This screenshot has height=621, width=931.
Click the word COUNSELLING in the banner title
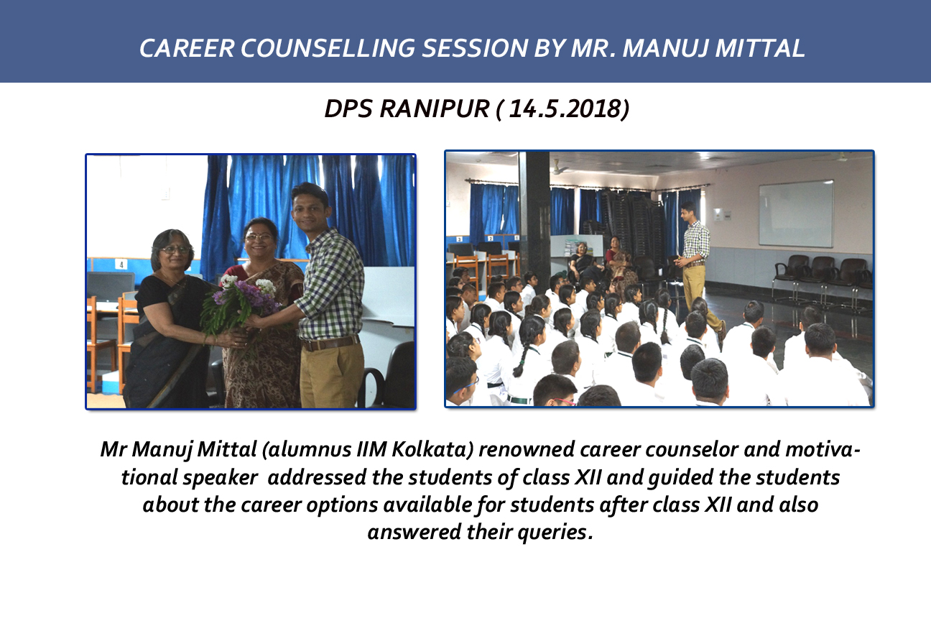[328, 48]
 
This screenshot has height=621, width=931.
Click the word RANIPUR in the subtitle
[435, 109]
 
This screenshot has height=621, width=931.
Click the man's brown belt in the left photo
[330, 343]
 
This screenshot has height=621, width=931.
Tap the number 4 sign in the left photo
[121, 264]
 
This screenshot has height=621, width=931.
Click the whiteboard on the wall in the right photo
[796, 213]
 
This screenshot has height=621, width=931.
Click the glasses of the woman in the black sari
[175, 249]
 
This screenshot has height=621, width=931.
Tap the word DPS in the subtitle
[348, 109]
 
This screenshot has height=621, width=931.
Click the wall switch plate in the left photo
[165, 194]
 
